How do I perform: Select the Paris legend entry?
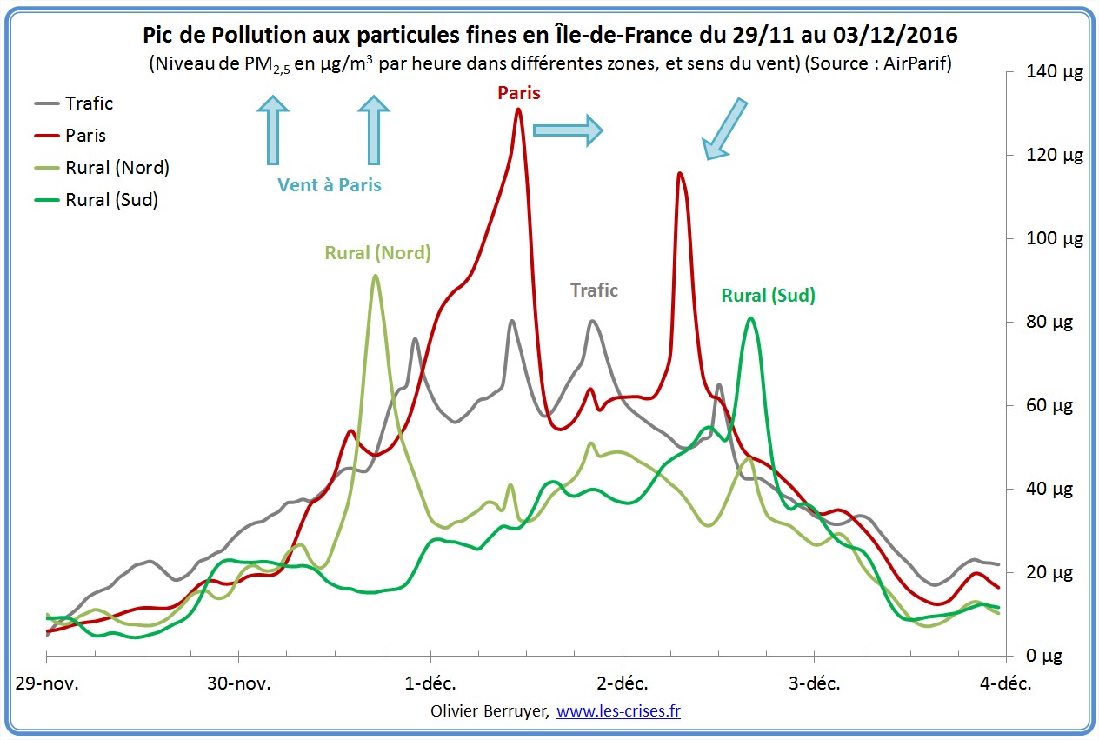point(85,136)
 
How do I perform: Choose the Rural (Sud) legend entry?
point(111,200)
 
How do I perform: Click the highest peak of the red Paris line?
point(518,110)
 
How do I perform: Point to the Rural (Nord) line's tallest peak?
point(375,277)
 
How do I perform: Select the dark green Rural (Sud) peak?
point(750,318)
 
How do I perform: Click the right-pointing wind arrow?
point(567,130)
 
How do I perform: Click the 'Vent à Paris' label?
point(330,185)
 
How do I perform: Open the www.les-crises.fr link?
point(618,711)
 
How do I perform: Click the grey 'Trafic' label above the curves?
point(594,290)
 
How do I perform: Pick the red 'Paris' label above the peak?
point(518,92)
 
